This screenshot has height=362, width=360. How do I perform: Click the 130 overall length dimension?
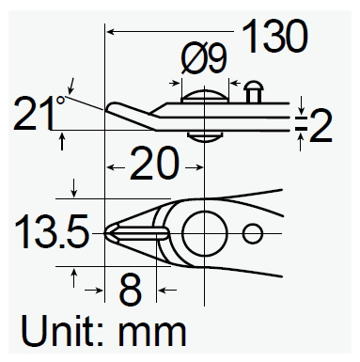274,36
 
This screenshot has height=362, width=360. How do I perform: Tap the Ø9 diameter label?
204,57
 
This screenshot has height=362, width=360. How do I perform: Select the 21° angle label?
39,113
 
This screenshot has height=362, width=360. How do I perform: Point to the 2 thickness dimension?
321,126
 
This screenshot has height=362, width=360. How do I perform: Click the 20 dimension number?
154,164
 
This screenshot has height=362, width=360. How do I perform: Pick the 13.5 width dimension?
52,231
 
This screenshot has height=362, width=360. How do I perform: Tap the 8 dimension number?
130,290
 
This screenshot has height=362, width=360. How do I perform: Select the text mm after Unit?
151,333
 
